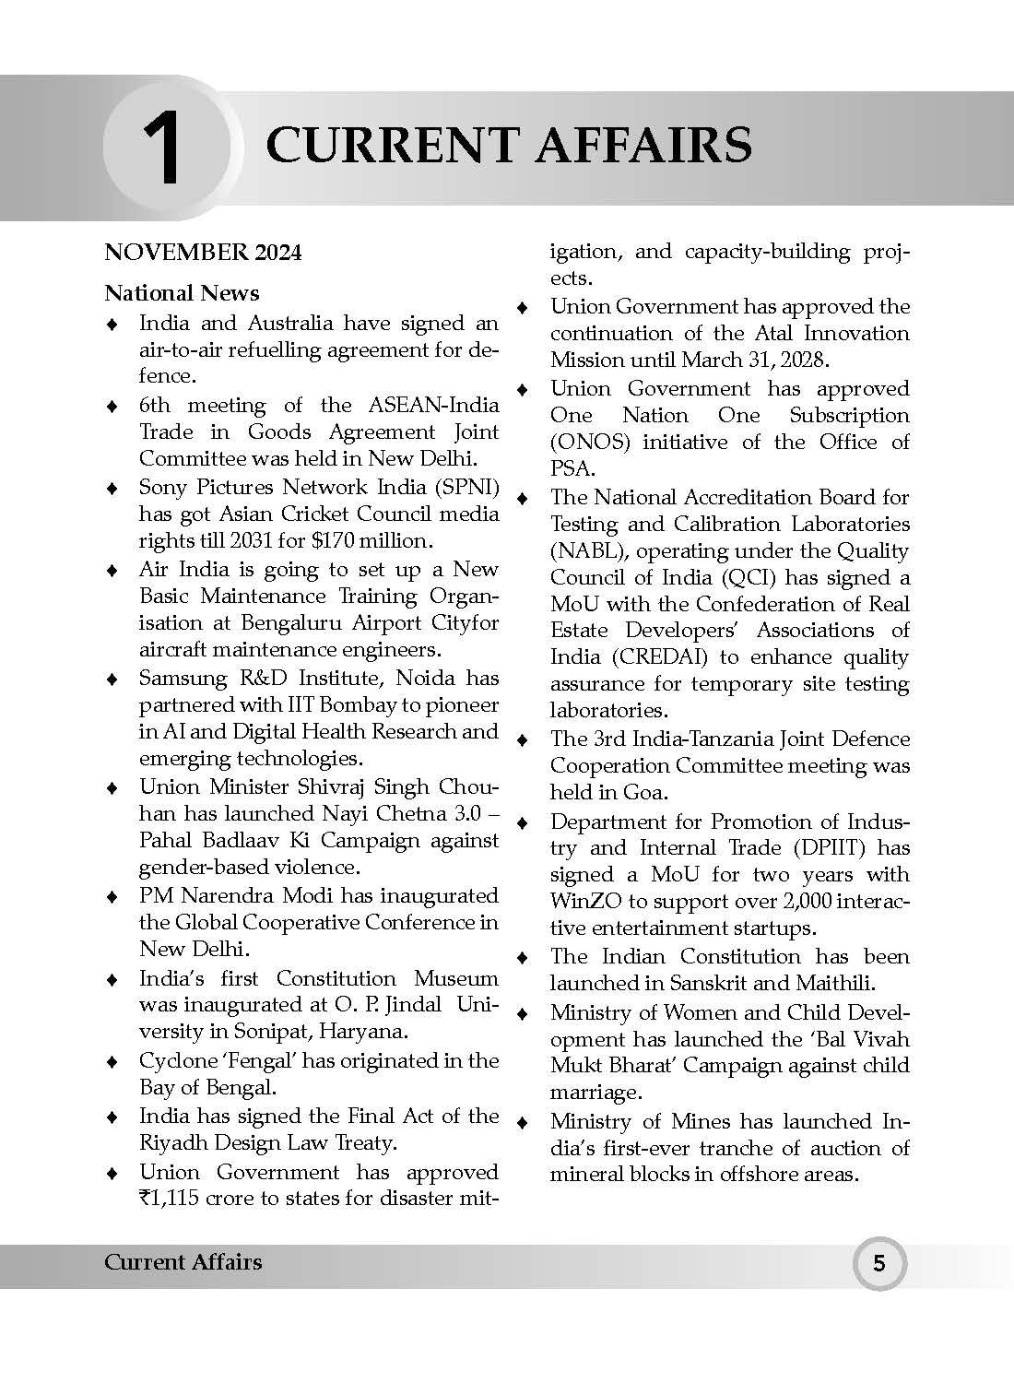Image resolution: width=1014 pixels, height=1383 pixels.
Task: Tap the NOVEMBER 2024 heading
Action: pyautogui.click(x=203, y=253)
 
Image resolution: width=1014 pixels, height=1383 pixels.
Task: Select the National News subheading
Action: pyautogui.click(x=182, y=293)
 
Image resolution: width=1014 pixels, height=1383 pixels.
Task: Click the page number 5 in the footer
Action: pyautogui.click(x=878, y=1262)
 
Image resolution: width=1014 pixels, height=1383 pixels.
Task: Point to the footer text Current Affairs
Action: pyautogui.click(x=183, y=1262)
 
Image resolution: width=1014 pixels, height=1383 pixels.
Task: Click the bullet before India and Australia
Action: pyautogui.click(x=112, y=324)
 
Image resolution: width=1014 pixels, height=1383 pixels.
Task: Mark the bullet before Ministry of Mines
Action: pyautogui.click(x=523, y=1122)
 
